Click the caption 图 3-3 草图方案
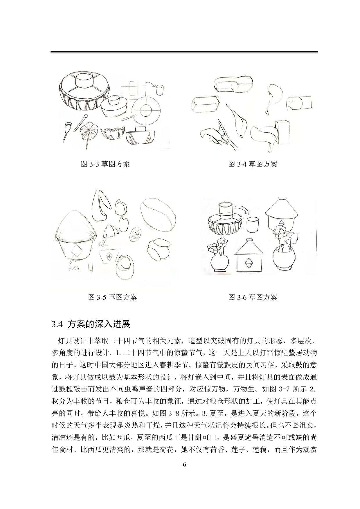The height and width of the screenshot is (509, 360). click(x=105, y=164)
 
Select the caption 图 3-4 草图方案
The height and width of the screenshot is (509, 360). click(x=253, y=164)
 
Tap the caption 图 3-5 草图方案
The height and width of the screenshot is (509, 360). click(x=113, y=297)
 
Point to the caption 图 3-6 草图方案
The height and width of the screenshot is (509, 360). click(x=253, y=297)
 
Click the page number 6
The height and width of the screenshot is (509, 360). click(x=184, y=465)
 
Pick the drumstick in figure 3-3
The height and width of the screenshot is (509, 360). click(x=81, y=123)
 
